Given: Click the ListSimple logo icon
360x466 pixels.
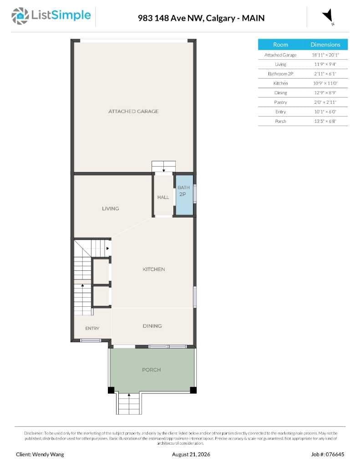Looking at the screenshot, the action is click(20, 16).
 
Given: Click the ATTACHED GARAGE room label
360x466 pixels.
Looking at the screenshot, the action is click(133, 111).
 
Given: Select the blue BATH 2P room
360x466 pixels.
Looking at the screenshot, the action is click(184, 194).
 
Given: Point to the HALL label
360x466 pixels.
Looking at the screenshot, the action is click(163, 197).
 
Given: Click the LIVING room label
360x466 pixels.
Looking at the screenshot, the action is click(110, 208).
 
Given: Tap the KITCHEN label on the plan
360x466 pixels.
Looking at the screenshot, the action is click(154, 269).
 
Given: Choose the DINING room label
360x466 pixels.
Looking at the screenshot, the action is click(152, 326).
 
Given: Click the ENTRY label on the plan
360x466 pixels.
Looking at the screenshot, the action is click(92, 329).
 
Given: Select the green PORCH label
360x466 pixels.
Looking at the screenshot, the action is click(151, 370).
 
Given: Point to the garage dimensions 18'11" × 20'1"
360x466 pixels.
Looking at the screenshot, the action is click(325, 55).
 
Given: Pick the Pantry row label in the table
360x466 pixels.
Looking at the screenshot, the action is click(280, 102).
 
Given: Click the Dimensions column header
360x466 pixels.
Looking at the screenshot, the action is click(325, 45).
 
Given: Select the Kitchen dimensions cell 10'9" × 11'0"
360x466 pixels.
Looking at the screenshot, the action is click(325, 83).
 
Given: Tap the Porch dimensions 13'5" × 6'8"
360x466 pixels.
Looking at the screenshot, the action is click(325, 121).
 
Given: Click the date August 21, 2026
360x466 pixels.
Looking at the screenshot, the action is click(191, 455).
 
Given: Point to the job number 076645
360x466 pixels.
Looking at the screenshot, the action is click(335, 455).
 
